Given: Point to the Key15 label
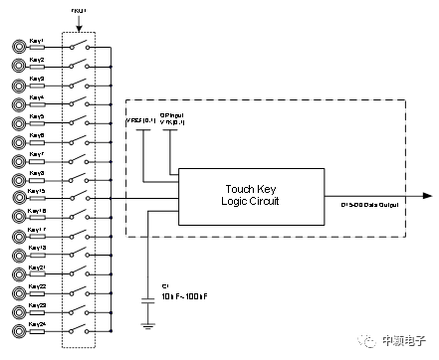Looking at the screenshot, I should [37, 191].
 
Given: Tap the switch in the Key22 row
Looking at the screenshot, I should [80, 290].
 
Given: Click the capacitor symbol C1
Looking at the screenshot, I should [149, 296].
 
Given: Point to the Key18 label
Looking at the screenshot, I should [37, 210].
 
